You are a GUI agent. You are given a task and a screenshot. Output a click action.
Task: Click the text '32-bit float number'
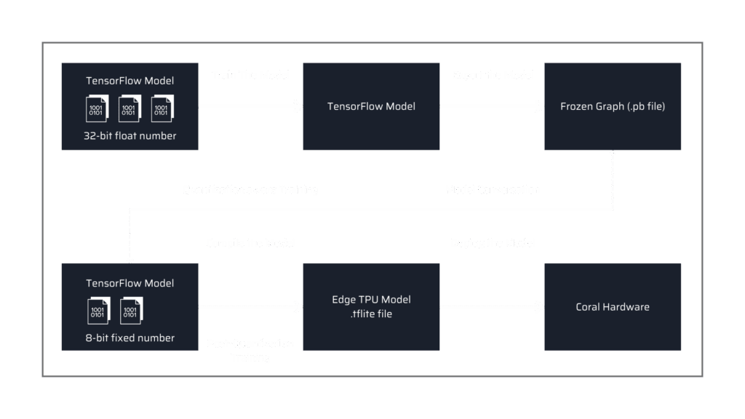coord(130,136)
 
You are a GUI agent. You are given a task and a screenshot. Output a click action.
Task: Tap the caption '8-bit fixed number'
coord(130,338)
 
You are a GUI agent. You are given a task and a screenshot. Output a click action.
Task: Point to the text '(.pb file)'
coord(645,106)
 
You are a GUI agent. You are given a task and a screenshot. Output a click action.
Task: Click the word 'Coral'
coord(589,307)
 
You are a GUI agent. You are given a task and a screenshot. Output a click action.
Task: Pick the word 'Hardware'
coord(626,307)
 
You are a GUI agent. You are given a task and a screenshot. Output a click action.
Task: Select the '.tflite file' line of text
coord(371,314)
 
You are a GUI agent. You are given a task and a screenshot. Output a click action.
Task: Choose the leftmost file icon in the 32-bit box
coord(97,108)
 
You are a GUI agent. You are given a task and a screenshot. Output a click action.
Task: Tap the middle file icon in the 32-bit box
coord(129,108)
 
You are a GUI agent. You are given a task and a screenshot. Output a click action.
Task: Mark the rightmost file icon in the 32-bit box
coord(161,108)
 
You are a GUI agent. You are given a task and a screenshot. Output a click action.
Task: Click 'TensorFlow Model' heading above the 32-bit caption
coord(130,81)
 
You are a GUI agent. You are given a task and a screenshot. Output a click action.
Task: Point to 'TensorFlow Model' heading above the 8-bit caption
coord(130,283)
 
